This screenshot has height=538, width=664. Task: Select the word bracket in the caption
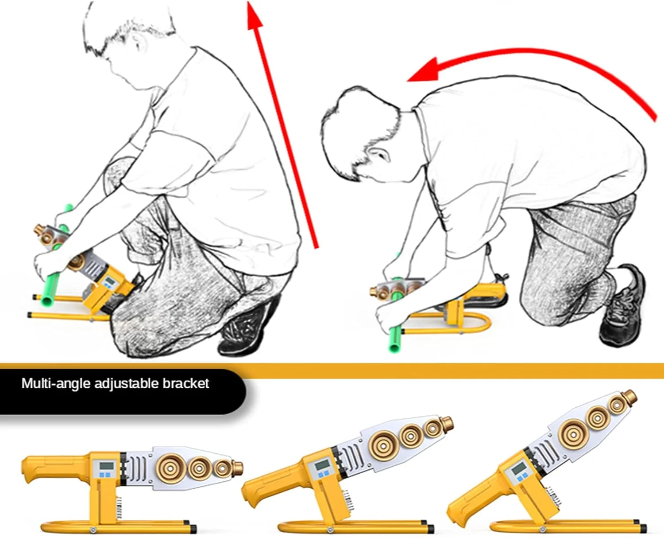pyautogui.click(x=185, y=383)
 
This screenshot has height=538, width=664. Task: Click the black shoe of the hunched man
pyautogui.click(x=620, y=308)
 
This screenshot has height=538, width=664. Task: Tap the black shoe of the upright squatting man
pyautogui.click(x=246, y=327)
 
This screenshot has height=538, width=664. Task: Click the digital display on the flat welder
pyautogui.click(x=107, y=466)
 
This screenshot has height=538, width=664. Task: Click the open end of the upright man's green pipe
pyautogui.click(x=47, y=301)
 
